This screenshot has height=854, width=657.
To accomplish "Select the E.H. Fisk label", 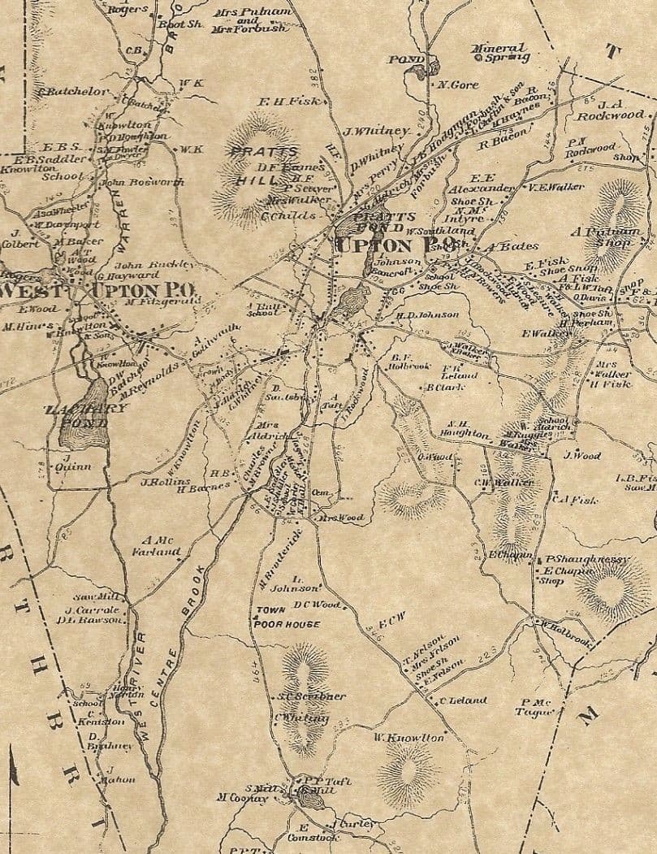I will click(x=283, y=102).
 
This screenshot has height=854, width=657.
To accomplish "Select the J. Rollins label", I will click(x=153, y=481).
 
